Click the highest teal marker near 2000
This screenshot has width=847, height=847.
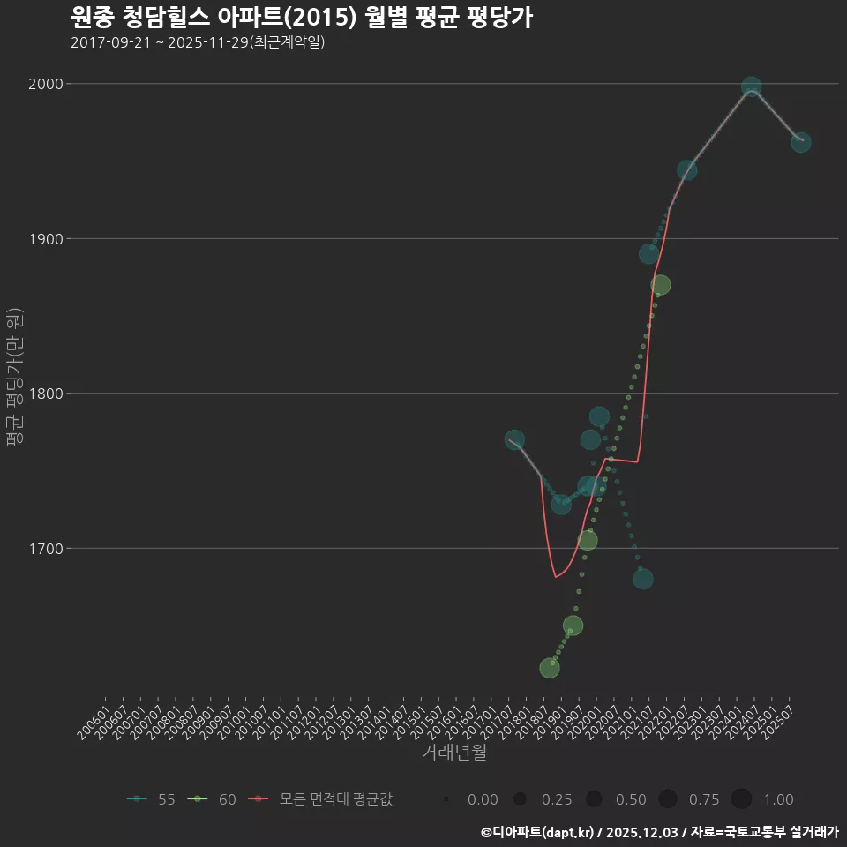pos(751,86)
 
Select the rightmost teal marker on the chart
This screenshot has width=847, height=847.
pos(800,142)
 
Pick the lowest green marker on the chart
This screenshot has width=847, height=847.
pos(549,668)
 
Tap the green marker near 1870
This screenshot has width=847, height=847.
pos(660,285)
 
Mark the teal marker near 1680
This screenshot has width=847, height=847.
pos(643,579)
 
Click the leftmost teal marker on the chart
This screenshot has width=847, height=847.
pos(515,439)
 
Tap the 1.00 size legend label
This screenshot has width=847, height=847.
pos(777,799)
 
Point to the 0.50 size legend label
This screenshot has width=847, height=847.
pos(630,799)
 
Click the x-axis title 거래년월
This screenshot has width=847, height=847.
pos(453,753)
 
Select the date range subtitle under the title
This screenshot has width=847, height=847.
pos(198,42)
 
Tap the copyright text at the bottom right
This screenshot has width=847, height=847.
pos(659,832)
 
